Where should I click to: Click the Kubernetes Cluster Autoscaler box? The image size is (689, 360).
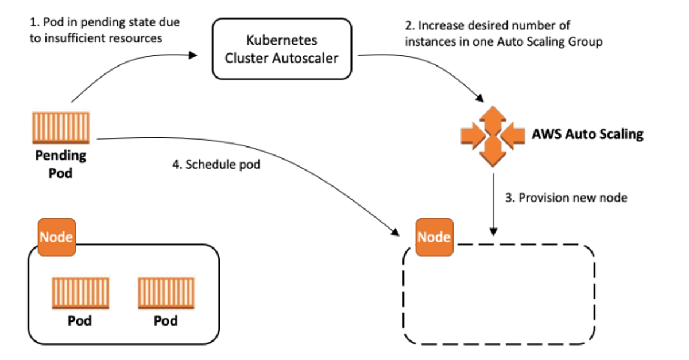pos(282,49)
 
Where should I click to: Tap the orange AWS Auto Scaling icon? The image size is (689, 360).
pos(493,136)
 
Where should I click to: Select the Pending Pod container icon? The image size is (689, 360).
pos(61,127)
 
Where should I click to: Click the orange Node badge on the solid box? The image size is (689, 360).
pos(57,237)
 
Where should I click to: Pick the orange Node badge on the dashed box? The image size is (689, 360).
pos(434,237)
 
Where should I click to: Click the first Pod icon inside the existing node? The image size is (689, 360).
pos(80,293)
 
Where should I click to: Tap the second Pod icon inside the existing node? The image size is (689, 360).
pos(166,293)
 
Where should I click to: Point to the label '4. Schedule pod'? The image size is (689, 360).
pos(216,164)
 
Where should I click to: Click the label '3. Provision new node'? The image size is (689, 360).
pos(566,198)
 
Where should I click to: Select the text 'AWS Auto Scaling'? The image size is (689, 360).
pos(588,134)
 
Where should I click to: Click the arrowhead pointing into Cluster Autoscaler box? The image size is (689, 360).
pos(193,55)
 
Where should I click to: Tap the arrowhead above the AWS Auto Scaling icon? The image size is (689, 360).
pos(480,98)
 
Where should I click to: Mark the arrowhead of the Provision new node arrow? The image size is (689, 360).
pos(493,232)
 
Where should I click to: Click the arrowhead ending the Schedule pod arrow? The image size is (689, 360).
pos(395,233)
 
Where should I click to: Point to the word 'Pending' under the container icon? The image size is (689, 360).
pos(61,156)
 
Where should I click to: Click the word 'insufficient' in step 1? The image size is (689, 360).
pos(74,38)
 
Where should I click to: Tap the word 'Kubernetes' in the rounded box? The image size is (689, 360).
pos(282,40)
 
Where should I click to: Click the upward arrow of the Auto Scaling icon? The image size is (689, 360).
pos(493,119)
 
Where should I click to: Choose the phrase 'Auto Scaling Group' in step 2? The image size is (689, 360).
pos(549,42)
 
